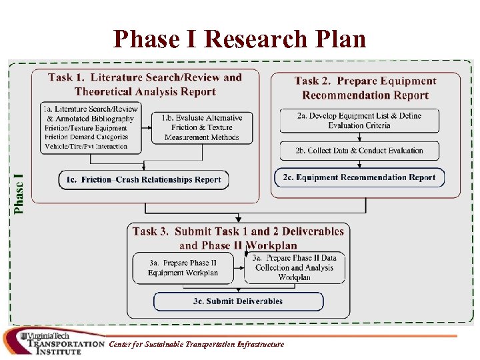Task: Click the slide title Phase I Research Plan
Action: tap(240, 39)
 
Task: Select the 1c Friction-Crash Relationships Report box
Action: tap(143, 179)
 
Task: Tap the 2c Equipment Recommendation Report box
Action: tap(359, 177)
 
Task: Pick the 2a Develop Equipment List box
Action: tap(359, 120)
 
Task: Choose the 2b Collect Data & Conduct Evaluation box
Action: tap(359, 150)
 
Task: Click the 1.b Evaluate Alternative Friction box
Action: tap(202, 127)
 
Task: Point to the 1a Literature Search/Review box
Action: tap(89, 127)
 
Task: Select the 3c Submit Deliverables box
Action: tap(238, 301)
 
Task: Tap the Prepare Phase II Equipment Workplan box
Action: tap(183, 267)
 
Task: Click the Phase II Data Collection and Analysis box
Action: tap(295, 267)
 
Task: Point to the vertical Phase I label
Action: tap(20, 193)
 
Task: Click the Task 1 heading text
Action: tap(145, 84)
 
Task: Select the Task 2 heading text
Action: tap(365, 88)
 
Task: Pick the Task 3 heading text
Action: tap(238, 238)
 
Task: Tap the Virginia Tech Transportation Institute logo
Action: tap(53, 342)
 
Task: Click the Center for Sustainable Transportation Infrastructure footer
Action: tap(197, 344)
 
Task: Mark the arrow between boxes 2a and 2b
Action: tap(359, 137)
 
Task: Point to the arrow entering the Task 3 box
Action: tap(238, 218)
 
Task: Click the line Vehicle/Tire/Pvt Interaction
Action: tap(86, 146)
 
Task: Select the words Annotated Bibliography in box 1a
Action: tap(94, 119)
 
